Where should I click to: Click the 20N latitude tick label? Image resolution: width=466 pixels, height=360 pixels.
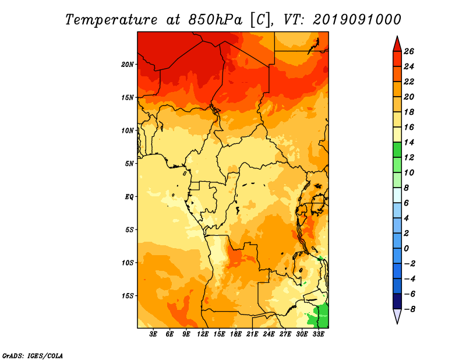(x=128, y=64)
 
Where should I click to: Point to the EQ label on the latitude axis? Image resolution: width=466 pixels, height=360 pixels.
(x=129, y=197)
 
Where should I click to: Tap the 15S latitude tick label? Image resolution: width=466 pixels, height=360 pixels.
(x=128, y=296)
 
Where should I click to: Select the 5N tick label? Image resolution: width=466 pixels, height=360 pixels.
(x=129, y=164)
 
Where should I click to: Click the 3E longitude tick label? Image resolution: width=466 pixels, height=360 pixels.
(x=153, y=334)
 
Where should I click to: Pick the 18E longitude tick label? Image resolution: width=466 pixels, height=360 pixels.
(x=236, y=334)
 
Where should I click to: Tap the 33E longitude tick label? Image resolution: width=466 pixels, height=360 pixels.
(x=318, y=334)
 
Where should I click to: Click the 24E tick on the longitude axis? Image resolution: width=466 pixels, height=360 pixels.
(x=269, y=334)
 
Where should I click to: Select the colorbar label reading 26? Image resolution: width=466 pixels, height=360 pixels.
(x=409, y=51)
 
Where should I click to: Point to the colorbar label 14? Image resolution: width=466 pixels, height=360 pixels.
(x=409, y=142)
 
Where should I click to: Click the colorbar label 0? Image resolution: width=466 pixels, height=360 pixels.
(x=406, y=249)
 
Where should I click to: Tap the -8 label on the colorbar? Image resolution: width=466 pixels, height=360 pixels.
(x=409, y=309)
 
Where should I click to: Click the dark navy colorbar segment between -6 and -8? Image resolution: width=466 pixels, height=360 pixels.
(x=397, y=301)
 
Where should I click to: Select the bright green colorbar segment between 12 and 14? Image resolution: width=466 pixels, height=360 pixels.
(x=397, y=150)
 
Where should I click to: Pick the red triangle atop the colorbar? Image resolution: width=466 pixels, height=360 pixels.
(x=397, y=44)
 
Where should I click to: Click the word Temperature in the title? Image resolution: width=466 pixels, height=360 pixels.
(x=111, y=20)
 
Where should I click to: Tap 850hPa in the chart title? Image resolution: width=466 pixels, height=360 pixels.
(x=215, y=20)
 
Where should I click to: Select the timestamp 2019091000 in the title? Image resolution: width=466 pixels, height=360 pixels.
(x=357, y=20)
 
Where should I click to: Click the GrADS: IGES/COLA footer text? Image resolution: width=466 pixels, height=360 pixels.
(x=33, y=356)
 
